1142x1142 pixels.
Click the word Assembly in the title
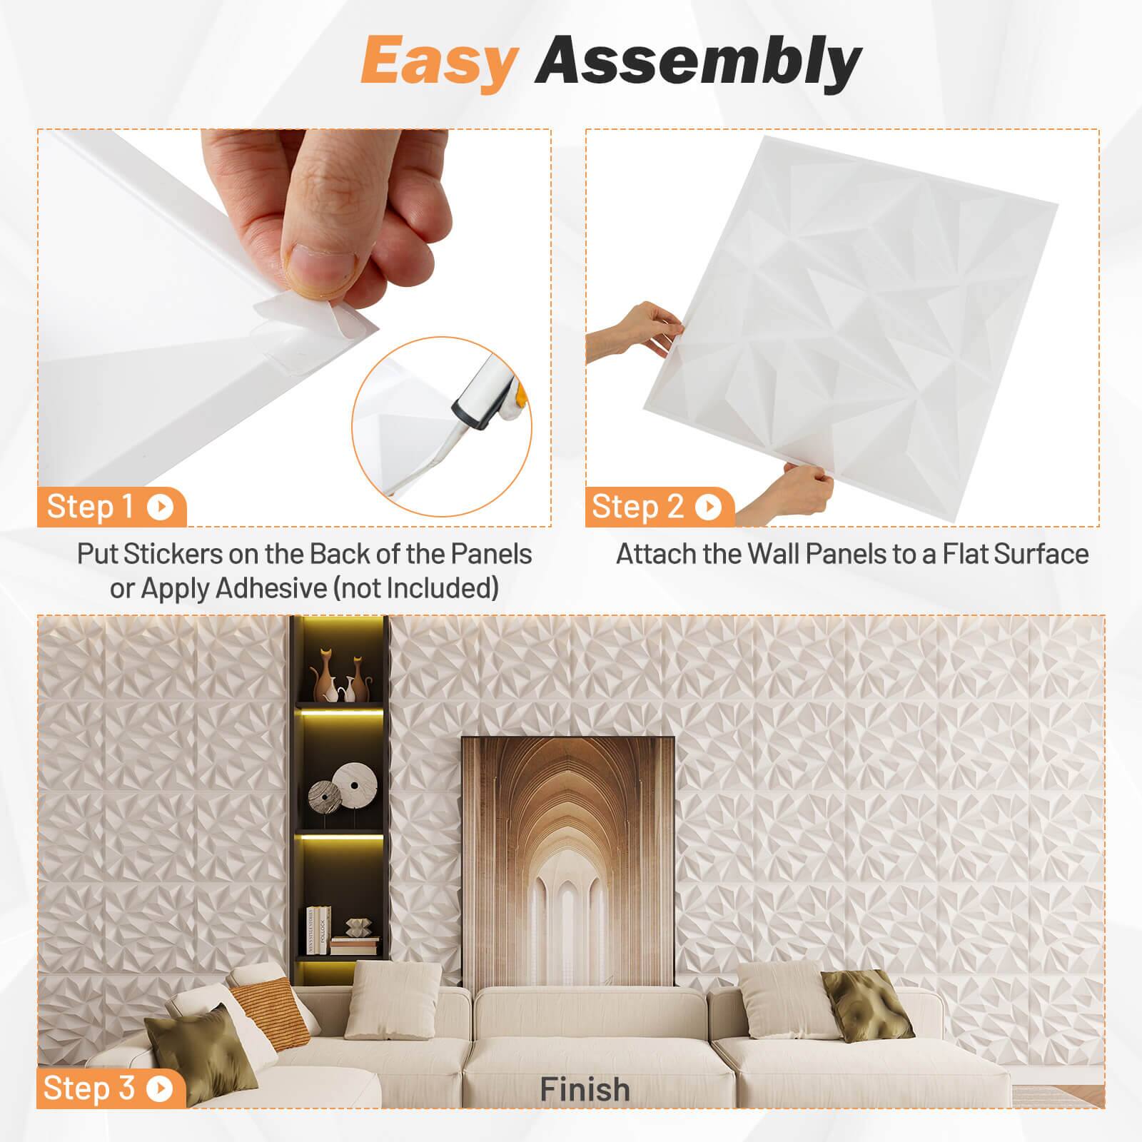coord(698,62)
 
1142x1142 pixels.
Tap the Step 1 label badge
coord(111,507)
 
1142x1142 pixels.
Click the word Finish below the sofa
coord(585,1089)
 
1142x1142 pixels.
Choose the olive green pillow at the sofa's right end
coord(867,1003)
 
